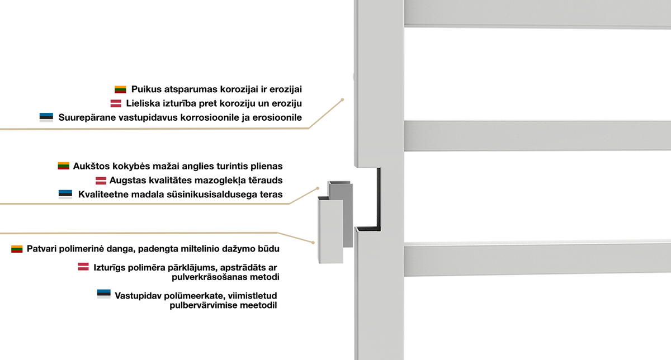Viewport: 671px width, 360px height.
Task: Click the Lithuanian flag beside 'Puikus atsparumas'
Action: click(x=120, y=89)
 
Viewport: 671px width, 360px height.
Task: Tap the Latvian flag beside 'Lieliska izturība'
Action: click(x=116, y=103)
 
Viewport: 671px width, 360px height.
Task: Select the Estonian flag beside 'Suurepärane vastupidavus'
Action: click(x=46, y=117)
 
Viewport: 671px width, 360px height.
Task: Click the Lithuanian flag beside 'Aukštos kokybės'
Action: click(x=64, y=165)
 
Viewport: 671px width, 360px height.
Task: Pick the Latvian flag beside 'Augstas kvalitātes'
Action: click(x=101, y=181)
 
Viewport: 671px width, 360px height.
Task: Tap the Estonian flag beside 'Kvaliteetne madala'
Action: click(x=65, y=194)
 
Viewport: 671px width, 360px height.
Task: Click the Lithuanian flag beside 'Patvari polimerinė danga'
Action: click(x=17, y=249)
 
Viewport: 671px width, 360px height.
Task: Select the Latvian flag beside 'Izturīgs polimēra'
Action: click(x=83, y=267)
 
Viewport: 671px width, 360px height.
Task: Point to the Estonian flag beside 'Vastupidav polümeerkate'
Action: click(x=103, y=294)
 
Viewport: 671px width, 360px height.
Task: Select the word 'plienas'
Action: click(x=267, y=166)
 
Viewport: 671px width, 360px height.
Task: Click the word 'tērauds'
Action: click(x=266, y=181)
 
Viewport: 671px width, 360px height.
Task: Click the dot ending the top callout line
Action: click(x=342, y=100)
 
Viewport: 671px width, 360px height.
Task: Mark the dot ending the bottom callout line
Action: click(x=313, y=243)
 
